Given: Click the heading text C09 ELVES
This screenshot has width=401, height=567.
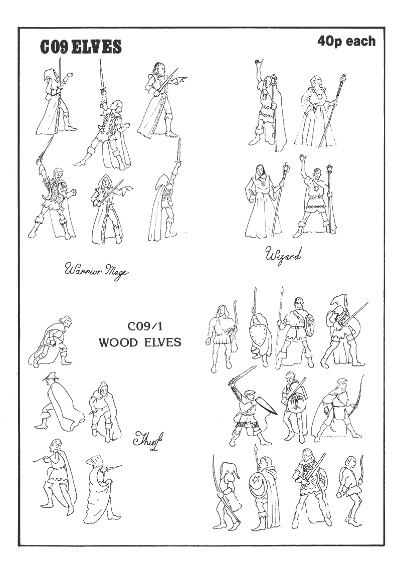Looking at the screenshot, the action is [81, 47].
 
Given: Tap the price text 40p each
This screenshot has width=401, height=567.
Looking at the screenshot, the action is [346, 41].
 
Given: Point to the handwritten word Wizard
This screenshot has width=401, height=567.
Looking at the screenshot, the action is [283, 256].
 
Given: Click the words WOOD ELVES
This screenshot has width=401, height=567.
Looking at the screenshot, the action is [140, 342].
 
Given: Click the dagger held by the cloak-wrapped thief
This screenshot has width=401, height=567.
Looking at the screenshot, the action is [113, 470].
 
